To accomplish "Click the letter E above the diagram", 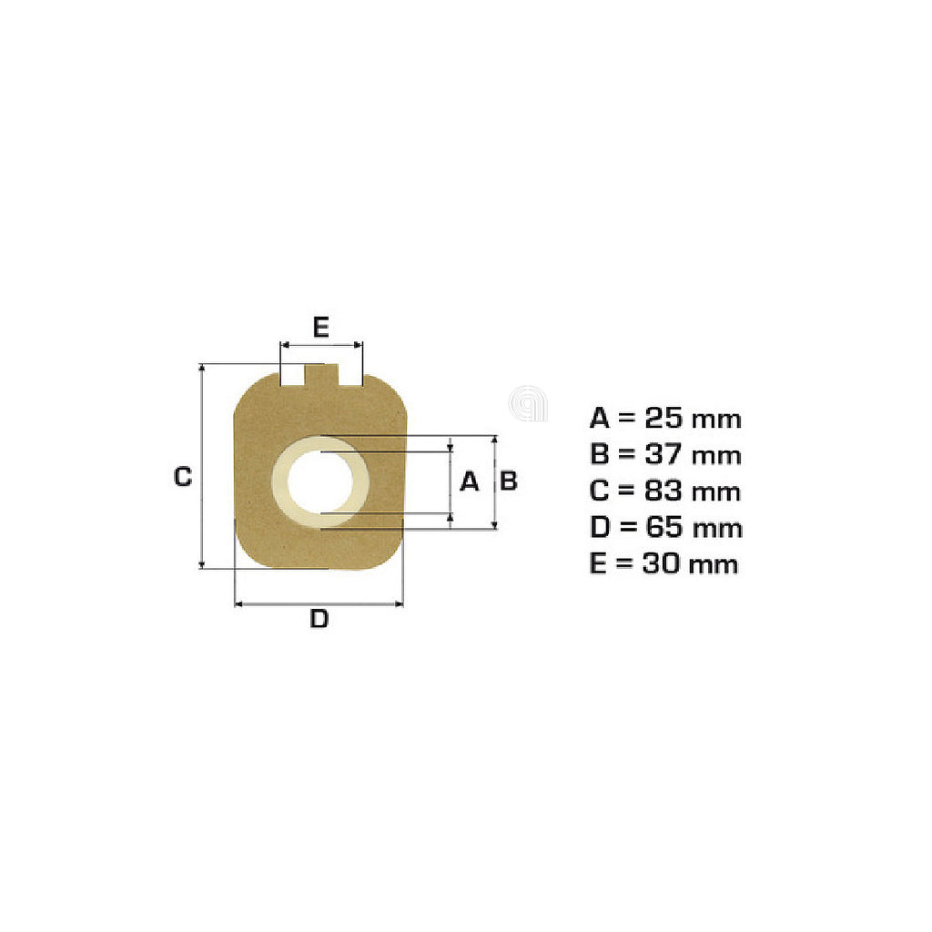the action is coord(321,328).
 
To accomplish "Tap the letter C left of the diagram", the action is coord(182,477).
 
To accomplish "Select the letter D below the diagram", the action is coord(319,619).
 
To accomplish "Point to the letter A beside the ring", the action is coord(470,481).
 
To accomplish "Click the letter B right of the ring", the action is coord(509,481).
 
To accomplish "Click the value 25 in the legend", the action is coord(664,419).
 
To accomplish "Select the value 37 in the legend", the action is coord(664,455).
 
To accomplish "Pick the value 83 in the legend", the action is coord(664,491).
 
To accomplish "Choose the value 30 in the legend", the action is coord(661,563).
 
